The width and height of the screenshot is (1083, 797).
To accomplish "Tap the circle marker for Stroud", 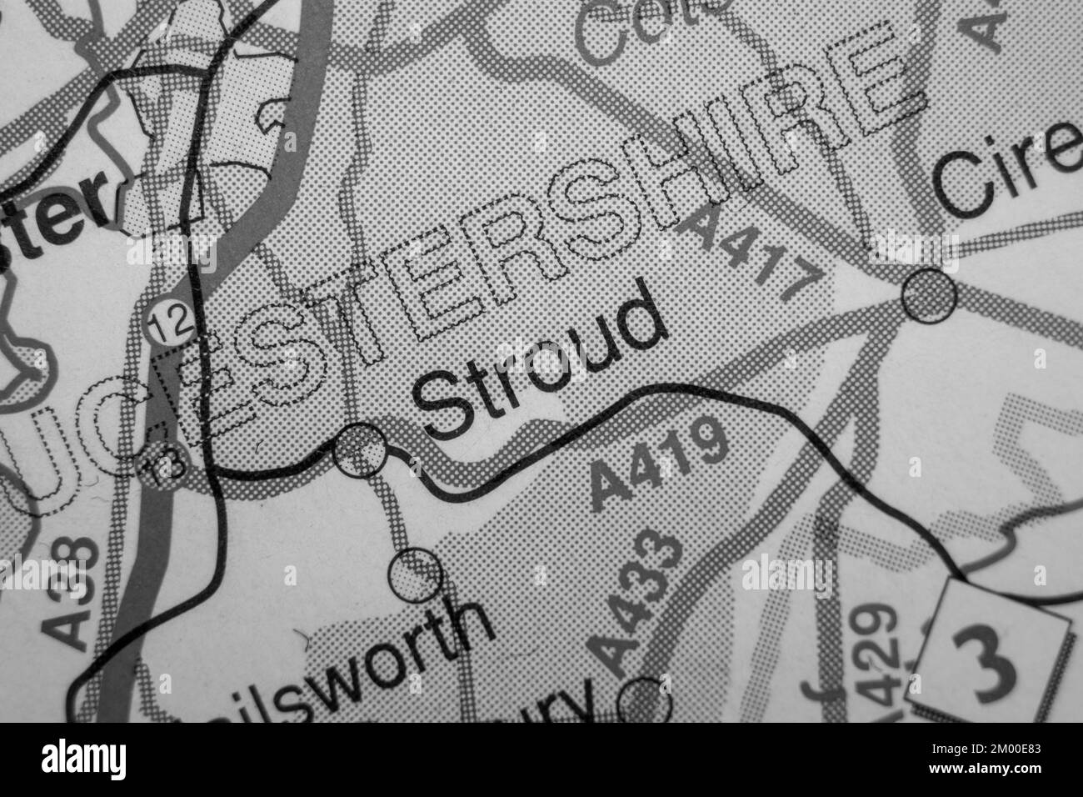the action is (x=359, y=451).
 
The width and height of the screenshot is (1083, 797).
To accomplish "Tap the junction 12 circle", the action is (x=166, y=322).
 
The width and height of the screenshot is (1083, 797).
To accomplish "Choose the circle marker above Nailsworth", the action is (x=415, y=574).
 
